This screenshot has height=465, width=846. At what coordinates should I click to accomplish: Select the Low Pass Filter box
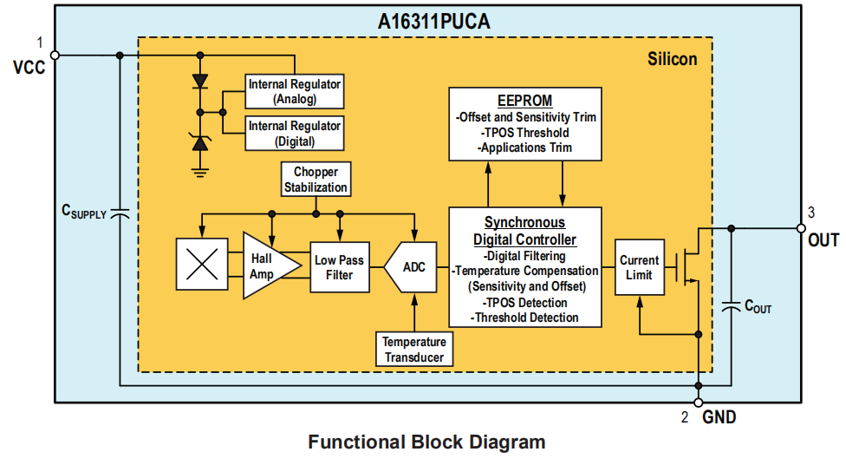pyautogui.click(x=339, y=267)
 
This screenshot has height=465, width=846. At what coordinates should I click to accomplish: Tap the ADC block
pyautogui.click(x=412, y=267)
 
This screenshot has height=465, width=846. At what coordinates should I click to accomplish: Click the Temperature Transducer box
pyautogui.click(x=414, y=350)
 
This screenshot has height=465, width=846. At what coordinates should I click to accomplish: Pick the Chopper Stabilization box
pyautogui.click(x=316, y=180)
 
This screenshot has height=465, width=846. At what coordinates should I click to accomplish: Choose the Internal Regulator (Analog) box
pyautogui.click(x=295, y=91)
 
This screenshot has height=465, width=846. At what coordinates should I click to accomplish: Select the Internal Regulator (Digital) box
pyautogui.click(x=295, y=133)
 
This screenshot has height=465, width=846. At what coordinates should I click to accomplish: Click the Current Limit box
pyautogui.click(x=639, y=267)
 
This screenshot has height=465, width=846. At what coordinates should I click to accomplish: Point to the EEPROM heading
pyautogui.click(x=524, y=101)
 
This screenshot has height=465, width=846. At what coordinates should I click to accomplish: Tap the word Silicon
pyautogui.click(x=672, y=59)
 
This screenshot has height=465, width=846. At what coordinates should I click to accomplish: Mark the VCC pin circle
pyautogui.click(x=55, y=55)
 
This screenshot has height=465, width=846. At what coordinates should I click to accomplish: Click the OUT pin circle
pyautogui.click(x=801, y=228)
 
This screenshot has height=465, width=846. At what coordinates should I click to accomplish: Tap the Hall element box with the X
pyautogui.click(x=201, y=265)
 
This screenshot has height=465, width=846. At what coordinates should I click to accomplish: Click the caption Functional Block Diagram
pyautogui.click(x=426, y=442)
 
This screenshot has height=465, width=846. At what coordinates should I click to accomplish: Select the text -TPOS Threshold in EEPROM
pyautogui.click(x=524, y=133)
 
